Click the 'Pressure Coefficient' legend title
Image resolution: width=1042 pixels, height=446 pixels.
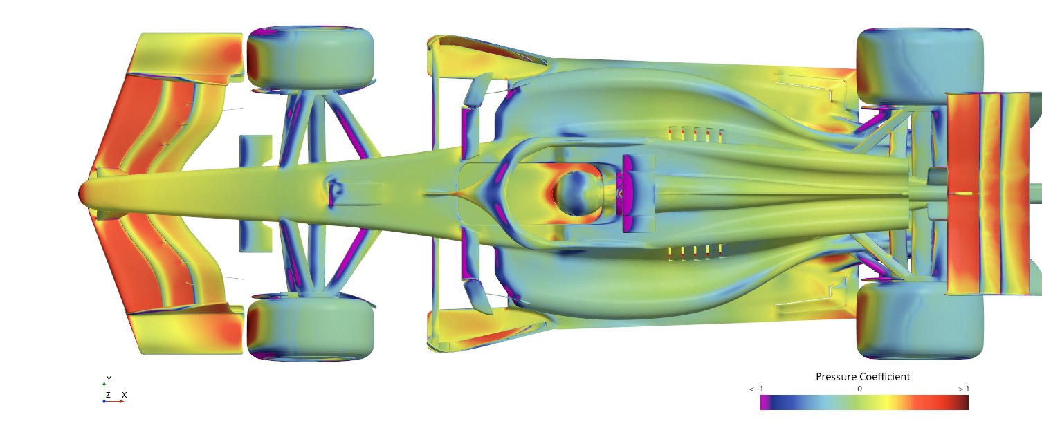click(x=862, y=377)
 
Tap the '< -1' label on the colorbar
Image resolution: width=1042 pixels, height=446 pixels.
click(x=756, y=389)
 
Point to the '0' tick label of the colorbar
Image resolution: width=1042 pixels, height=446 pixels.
click(x=859, y=389)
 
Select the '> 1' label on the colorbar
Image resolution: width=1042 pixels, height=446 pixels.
click(x=964, y=389)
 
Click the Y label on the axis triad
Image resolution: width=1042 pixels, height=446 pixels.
click(x=109, y=379)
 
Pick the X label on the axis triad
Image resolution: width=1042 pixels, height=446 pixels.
click(x=125, y=395)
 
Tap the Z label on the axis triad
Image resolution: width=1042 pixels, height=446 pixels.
click(x=108, y=395)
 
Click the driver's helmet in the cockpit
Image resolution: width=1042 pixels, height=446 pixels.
click(x=576, y=194)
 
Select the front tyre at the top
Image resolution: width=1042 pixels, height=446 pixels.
click(x=310, y=57)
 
